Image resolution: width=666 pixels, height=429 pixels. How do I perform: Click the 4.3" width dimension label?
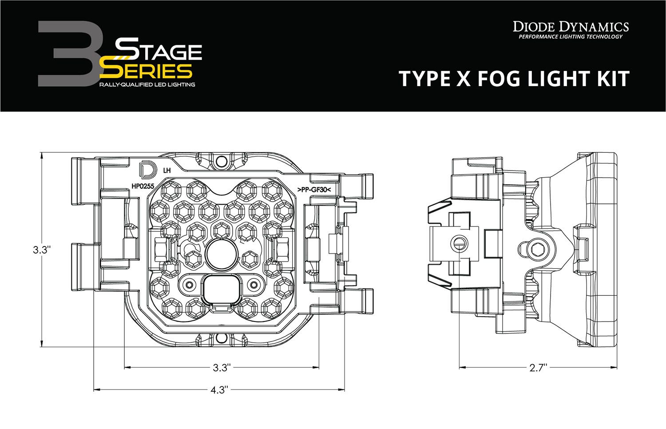click(219, 390)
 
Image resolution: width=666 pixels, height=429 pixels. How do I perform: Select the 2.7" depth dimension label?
click(538, 367)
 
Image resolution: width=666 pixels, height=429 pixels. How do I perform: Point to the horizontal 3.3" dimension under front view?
click(221, 367)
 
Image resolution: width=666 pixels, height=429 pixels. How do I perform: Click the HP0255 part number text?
click(143, 187)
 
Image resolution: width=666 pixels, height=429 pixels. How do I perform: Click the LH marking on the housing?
click(166, 170)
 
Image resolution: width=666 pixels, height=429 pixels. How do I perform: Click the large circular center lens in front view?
click(221, 255)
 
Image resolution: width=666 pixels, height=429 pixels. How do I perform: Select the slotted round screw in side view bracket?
click(459, 242)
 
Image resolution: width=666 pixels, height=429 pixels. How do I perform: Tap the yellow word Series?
click(146, 70)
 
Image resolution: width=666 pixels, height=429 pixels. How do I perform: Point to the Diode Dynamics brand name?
click(571, 27)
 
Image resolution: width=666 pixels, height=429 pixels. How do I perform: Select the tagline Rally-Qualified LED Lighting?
click(147, 84)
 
